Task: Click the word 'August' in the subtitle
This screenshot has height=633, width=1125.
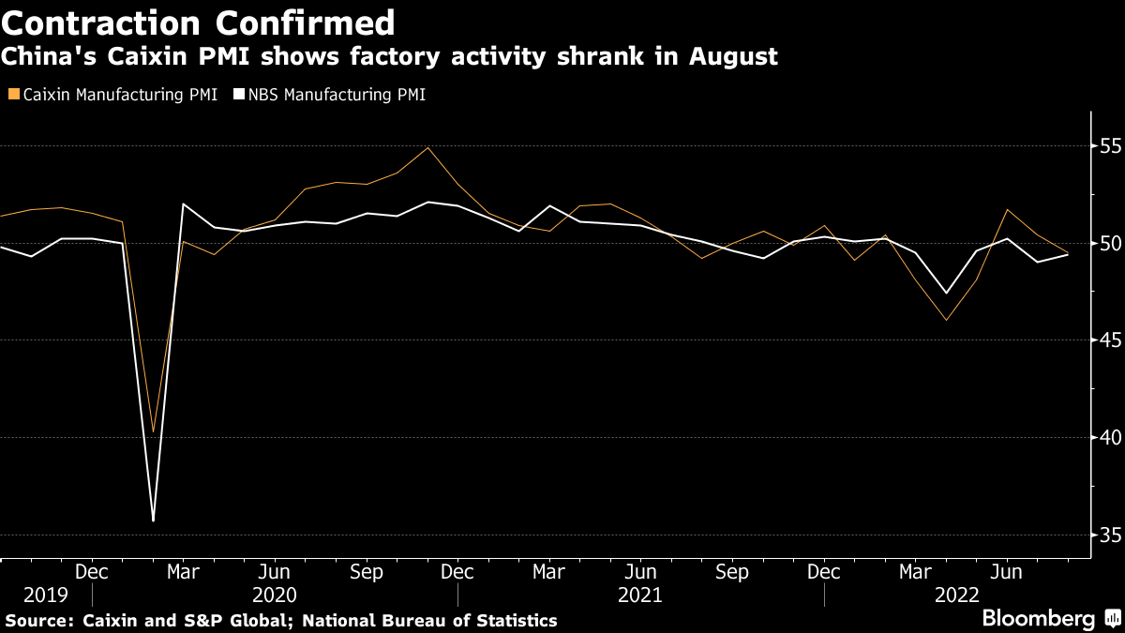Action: [734, 57]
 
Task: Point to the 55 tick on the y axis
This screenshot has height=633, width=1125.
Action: [1110, 146]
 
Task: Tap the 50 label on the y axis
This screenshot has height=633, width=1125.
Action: [1110, 244]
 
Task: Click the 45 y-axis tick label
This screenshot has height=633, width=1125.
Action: [1110, 340]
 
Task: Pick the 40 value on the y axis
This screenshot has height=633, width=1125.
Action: [1110, 438]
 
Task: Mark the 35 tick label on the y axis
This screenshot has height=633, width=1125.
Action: [1110, 535]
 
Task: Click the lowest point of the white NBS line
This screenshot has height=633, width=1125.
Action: [153, 520]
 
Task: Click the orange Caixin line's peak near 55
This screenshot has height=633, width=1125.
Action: [427, 147]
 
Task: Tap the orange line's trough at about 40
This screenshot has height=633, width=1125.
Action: [153, 432]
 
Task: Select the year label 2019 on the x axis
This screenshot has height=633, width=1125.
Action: [46, 595]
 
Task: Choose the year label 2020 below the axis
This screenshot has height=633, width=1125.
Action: [275, 595]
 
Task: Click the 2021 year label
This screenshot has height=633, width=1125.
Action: [640, 595]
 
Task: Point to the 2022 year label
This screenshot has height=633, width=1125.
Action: [957, 595]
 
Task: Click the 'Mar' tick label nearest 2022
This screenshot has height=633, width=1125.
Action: [914, 572]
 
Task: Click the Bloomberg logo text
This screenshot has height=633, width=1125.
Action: [1038, 619]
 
